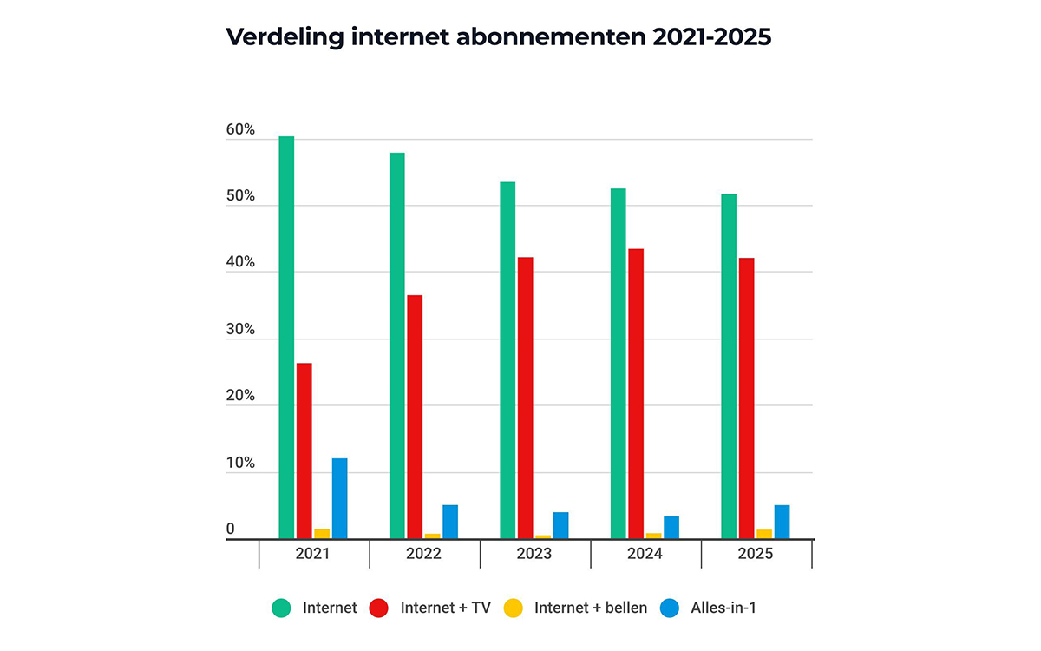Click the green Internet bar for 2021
286,338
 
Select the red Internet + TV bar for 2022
415,417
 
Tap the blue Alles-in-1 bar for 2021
339,498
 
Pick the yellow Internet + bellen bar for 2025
764,534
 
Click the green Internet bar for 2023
507,360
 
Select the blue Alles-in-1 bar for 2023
560,525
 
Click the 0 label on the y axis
231,529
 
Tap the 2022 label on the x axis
423,553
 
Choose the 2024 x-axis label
645,553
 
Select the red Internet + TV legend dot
377,608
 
